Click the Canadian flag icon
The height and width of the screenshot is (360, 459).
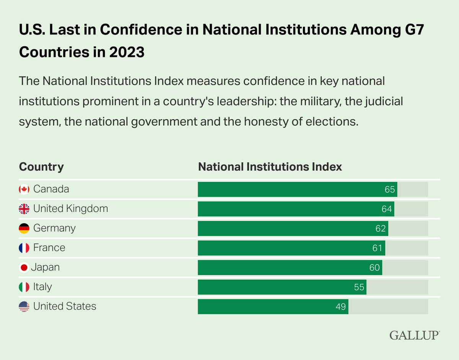24,189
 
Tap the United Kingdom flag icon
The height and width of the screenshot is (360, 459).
24,209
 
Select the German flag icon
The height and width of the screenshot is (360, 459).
24,229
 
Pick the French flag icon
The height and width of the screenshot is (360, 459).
24,248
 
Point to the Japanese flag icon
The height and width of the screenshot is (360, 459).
24,268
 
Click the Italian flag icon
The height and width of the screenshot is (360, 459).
24,287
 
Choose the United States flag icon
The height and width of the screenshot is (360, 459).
24,306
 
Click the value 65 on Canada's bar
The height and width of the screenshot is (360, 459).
390,190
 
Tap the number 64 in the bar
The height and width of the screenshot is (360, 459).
387,209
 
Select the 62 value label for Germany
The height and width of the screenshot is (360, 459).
381,229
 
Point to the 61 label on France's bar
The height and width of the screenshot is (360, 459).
378,248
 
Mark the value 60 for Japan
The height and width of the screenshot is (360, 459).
374,268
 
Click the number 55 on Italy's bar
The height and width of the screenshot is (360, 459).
359,287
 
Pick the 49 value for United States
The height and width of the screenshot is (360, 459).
341,306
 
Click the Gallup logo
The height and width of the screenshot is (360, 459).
415,335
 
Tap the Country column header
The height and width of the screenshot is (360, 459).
41,167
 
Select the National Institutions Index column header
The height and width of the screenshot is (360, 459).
270,167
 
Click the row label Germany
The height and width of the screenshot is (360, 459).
54,229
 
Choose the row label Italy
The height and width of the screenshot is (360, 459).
42,287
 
